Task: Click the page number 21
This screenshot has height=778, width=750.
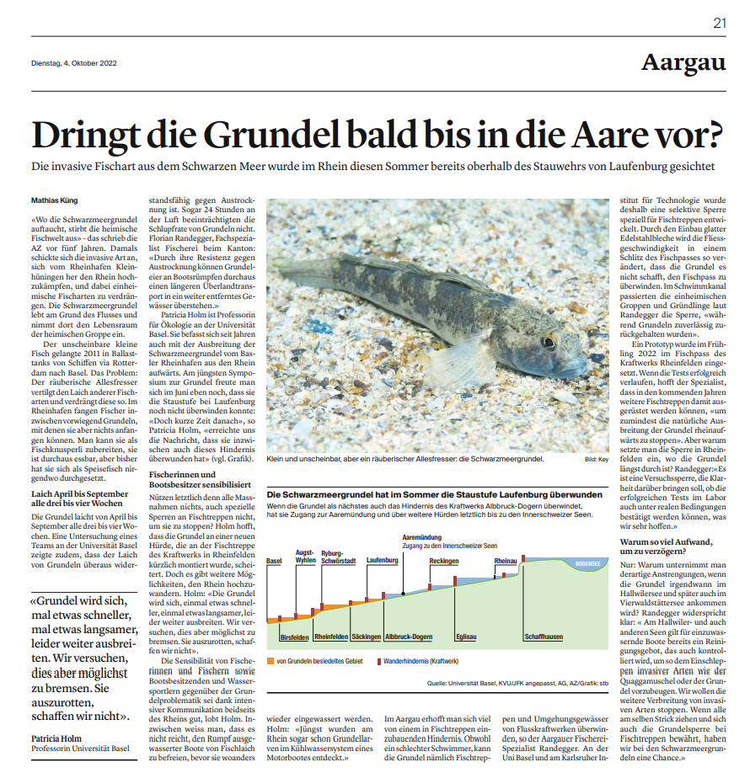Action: [x=719, y=23]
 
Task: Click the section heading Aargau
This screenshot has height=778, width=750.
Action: [x=683, y=61]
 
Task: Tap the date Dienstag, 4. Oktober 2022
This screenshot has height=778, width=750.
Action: [x=74, y=62]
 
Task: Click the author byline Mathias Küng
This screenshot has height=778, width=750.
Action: [x=55, y=200]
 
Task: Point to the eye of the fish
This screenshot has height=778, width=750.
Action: [x=549, y=343]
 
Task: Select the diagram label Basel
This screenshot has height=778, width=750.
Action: [x=273, y=561]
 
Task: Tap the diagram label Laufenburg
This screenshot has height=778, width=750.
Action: [x=383, y=559]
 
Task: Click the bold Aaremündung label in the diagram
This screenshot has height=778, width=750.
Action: [x=423, y=536]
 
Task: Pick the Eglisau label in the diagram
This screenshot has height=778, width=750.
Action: [x=466, y=637]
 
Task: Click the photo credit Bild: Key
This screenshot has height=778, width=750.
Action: [x=595, y=460]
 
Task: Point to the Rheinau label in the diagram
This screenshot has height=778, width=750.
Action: [x=506, y=560]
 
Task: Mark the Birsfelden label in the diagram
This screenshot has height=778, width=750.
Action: [x=294, y=637]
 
